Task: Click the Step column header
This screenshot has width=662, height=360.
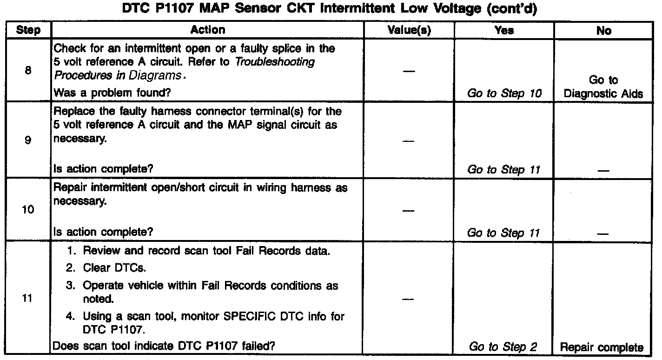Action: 27,31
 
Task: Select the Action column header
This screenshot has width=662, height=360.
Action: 207,30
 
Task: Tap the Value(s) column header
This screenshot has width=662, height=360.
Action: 409,31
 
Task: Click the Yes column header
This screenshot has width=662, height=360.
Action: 504,31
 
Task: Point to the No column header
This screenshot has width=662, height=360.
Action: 603,31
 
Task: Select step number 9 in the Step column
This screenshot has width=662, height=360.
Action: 27,140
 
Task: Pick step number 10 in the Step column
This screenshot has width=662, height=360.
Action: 27,210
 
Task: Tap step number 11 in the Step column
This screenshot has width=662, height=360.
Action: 27,299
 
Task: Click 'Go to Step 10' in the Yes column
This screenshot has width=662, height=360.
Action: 504,93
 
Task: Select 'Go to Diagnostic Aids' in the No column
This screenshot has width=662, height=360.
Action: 603,87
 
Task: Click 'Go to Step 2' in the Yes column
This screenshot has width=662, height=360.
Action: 503,347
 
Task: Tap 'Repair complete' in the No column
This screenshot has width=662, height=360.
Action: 602,347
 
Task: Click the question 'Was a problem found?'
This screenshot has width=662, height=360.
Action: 112,93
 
